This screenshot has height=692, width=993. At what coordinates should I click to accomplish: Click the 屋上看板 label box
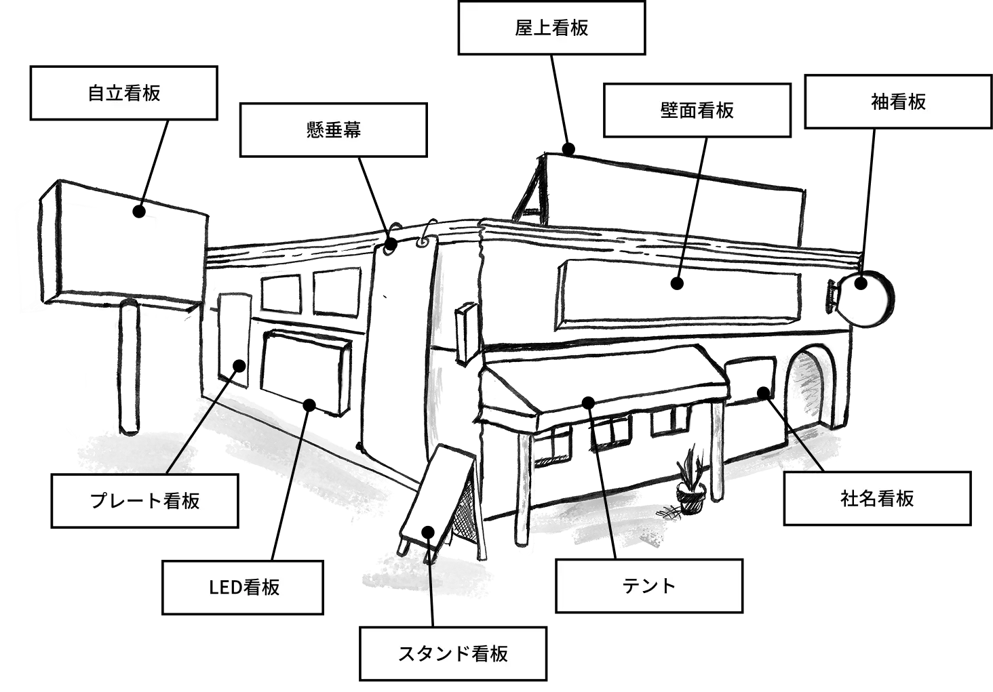point(551,28)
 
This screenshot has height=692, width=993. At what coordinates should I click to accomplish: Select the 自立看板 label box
point(123,93)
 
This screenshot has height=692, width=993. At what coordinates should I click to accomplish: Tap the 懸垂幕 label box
point(334,129)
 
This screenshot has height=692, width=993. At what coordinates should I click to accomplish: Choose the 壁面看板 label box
point(697,110)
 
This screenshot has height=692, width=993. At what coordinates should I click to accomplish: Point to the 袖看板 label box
point(898,102)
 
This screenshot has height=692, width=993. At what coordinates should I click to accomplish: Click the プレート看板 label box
point(144,501)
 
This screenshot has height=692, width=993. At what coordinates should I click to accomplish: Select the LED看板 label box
point(244,587)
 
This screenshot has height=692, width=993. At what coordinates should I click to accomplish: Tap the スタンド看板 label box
point(452,654)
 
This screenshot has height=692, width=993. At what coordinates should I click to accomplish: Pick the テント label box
point(648,586)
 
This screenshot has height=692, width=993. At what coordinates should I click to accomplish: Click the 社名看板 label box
point(877,499)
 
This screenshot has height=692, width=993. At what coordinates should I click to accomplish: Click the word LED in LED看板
point(225,587)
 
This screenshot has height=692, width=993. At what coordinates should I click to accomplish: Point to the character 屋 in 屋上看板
point(524,28)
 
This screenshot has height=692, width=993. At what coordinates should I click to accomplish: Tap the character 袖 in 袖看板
point(880,102)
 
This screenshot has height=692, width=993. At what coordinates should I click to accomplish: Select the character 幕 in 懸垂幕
point(352,129)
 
